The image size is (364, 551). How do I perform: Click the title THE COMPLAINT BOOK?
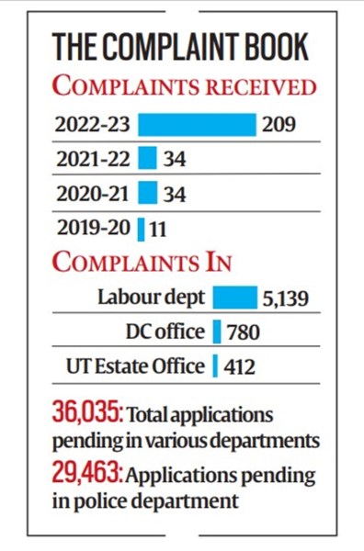pyautogui.click(x=180, y=47)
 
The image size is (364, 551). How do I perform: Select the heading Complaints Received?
pyautogui.click(x=184, y=87)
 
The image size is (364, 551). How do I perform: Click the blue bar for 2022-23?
pyautogui.click(x=197, y=123)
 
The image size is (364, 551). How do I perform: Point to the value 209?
pyautogui.click(x=279, y=123)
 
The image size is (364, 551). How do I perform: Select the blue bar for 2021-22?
pyautogui.click(x=147, y=159)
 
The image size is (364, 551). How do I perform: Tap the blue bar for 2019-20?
pyautogui.click(x=142, y=227)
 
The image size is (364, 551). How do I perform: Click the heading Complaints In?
pyautogui.click(x=142, y=262)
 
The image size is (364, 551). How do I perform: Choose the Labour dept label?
pyautogui.click(x=152, y=298)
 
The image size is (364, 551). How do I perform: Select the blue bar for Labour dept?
pyautogui.click(x=235, y=298)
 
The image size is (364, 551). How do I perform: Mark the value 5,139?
pyautogui.click(x=288, y=298)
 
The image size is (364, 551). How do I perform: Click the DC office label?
pyautogui.click(x=165, y=332)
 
